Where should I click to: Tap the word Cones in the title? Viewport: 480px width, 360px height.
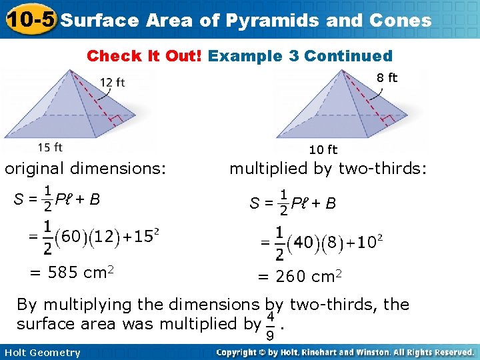point(399,20)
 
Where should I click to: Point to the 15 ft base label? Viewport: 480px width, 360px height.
point(50,147)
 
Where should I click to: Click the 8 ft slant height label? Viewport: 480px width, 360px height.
point(387,77)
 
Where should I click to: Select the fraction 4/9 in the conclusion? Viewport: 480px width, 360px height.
point(271,323)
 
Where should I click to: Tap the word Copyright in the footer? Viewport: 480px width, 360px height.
point(241,352)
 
